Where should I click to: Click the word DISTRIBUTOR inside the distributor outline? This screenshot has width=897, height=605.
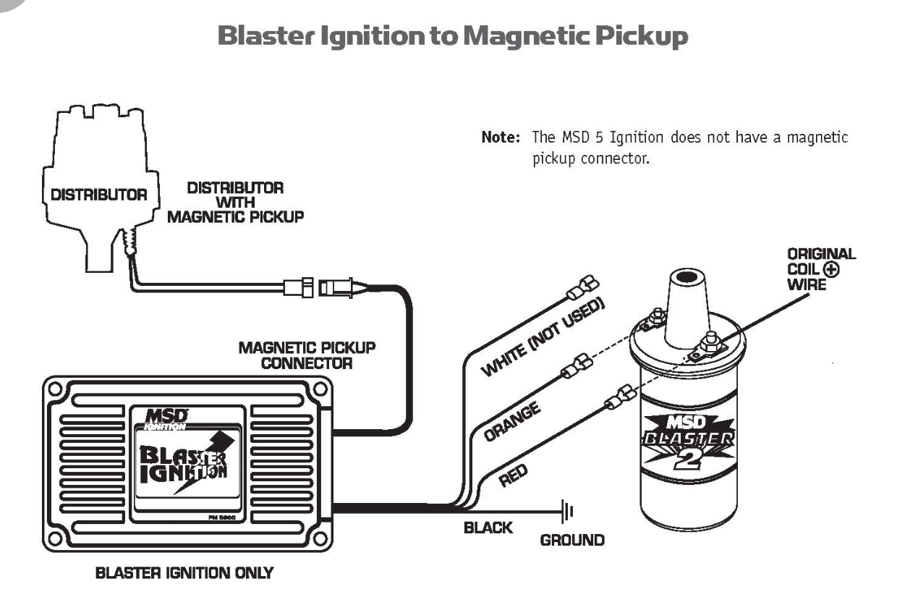point(99,195)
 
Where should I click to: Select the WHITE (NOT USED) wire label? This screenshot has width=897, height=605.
point(543,337)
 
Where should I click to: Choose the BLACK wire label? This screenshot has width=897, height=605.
point(488,528)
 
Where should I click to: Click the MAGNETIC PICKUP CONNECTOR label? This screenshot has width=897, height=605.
point(307,355)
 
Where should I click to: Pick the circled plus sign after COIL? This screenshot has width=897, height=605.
point(831,269)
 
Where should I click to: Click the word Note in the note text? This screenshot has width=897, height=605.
point(501,137)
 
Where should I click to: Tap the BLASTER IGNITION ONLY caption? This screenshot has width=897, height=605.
point(184,573)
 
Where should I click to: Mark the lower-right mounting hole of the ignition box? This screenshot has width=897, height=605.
point(319,539)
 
